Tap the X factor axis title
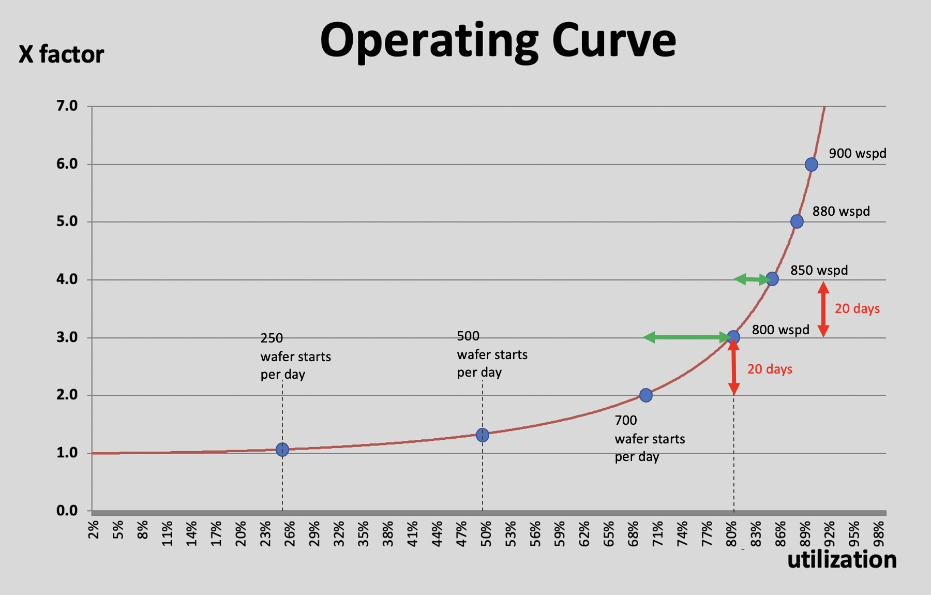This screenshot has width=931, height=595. [61, 54]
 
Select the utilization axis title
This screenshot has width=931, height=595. [842, 560]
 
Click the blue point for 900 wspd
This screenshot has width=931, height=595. [811, 165]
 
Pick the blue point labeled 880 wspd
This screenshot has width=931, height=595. [797, 221]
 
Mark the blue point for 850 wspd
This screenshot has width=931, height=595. [772, 279]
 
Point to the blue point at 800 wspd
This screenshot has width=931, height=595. [733, 337]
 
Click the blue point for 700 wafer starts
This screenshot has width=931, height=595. [645, 395]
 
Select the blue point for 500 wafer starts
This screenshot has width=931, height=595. [482, 435]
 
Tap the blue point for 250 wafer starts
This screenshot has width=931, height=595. [282, 450]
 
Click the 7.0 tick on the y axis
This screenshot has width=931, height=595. [67, 106]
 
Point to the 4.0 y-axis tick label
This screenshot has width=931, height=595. [67, 279]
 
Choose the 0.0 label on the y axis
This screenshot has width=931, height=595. [67, 511]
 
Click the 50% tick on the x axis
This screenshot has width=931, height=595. [486, 533]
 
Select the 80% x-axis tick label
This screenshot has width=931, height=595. [731, 533]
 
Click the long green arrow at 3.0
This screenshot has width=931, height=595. [685, 338]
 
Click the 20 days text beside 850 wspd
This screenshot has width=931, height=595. [857, 309]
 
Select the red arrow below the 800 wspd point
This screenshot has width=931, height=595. [733, 367]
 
